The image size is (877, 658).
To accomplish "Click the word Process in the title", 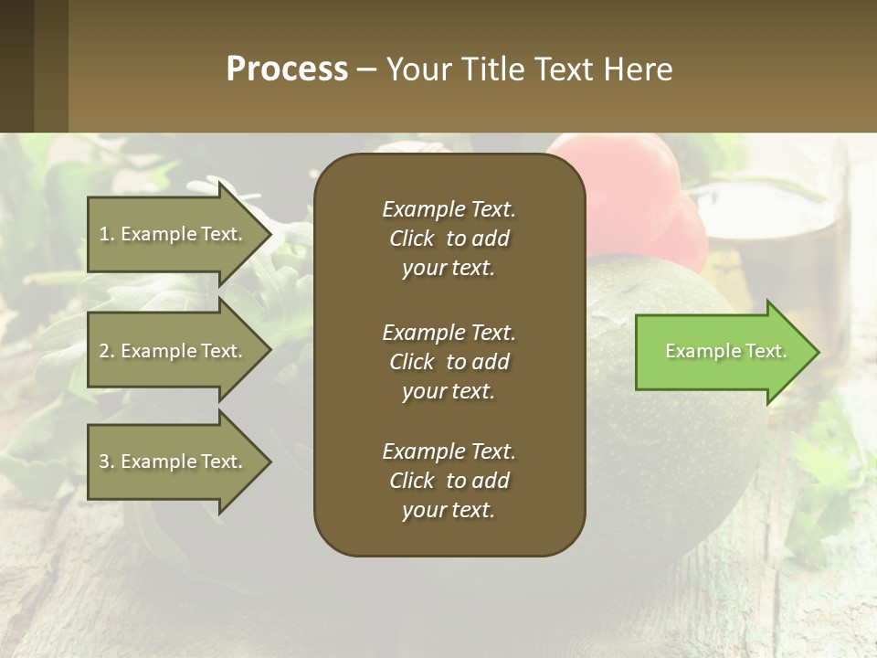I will click(287, 69).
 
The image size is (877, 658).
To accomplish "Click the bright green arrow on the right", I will click(722, 352).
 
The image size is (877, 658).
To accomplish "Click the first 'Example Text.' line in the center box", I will click(449, 209).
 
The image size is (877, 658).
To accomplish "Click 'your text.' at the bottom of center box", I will click(449, 511).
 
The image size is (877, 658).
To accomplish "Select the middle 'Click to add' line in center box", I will click(449, 362).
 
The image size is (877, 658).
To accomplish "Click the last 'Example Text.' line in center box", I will click(449, 451).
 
